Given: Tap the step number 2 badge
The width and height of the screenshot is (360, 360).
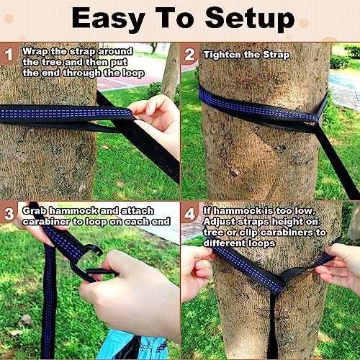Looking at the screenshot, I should pos(190,54).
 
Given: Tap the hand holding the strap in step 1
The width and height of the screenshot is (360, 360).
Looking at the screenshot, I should pos(155,115).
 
